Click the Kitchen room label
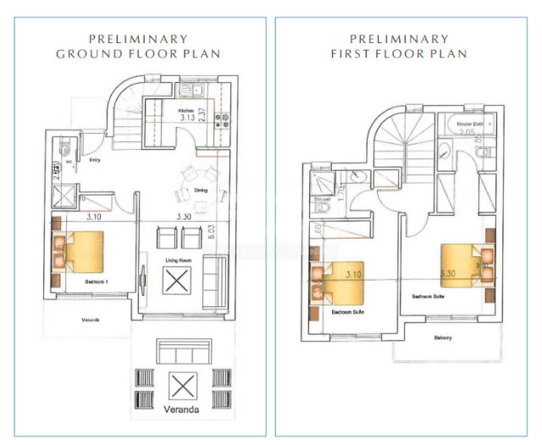pyautogui.click(x=185, y=111)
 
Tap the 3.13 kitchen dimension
pyautogui.click(x=188, y=118)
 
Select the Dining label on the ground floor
pyautogui.click(x=201, y=190)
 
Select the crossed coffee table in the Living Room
pyautogui.click(x=180, y=281)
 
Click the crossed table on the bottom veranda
pyautogui.click(x=180, y=387)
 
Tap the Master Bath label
pyautogui.click(x=470, y=124)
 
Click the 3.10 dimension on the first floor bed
pyautogui.click(x=355, y=274)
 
